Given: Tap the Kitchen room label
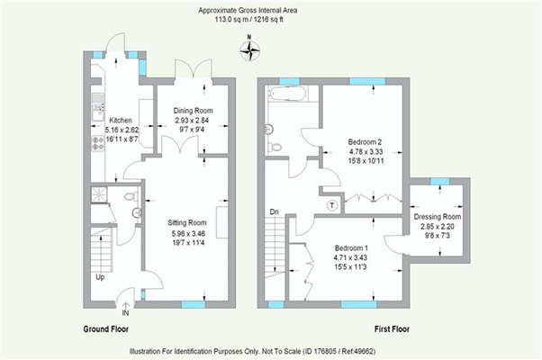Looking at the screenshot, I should tap(121, 120).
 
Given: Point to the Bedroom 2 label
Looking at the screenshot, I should tap(365, 142).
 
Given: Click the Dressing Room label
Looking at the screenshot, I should tap(437, 217).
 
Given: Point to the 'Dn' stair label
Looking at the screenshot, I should tap(274, 213).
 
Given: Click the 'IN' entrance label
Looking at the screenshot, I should tap(125, 312).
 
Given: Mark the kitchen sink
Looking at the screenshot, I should tap(97, 112).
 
